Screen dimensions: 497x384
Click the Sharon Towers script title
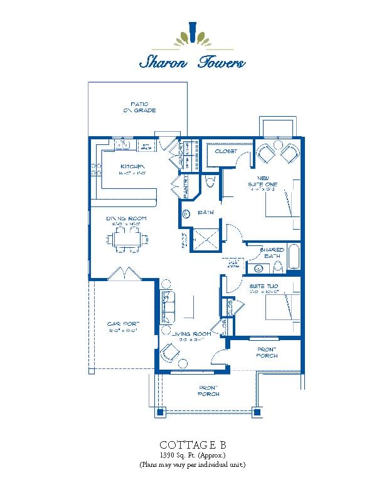[192, 62]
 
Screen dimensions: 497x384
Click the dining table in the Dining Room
[129, 239]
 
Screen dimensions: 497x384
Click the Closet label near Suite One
[226, 152]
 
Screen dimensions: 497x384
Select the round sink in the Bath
[186, 213]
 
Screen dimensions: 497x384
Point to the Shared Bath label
[272, 252]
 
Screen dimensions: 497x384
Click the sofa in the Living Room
[169, 307]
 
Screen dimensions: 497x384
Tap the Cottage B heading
[191, 442]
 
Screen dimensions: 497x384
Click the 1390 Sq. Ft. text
[191, 454]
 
